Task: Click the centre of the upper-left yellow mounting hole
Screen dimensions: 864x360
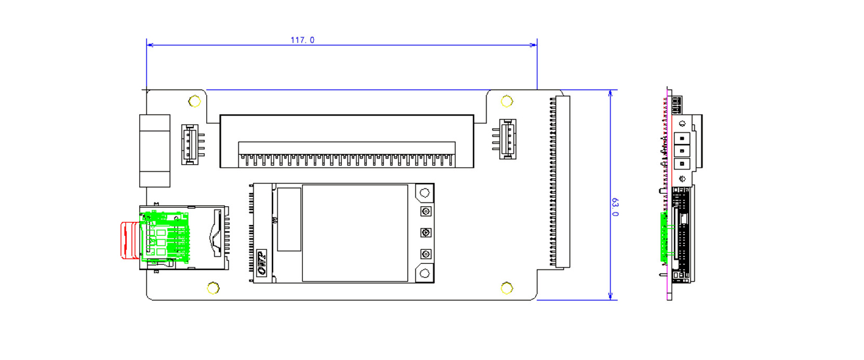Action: tap(194, 101)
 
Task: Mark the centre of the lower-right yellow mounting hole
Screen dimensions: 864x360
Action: tap(507, 288)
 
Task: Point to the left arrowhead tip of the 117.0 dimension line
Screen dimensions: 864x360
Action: tap(147, 45)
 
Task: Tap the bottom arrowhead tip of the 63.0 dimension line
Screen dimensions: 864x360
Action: tap(610, 300)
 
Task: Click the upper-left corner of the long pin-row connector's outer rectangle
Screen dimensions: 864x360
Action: tap(220, 115)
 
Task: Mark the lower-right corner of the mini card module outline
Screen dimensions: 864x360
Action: tap(434, 283)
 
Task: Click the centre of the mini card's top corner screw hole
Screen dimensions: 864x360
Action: tap(424, 193)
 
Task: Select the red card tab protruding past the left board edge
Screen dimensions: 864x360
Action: tap(130, 240)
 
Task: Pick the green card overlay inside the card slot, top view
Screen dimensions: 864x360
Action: tap(165, 236)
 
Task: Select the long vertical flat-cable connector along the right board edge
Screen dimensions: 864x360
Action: tap(560, 181)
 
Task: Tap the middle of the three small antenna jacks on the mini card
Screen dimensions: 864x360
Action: tap(426, 233)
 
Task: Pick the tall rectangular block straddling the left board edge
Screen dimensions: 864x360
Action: tap(154, 151)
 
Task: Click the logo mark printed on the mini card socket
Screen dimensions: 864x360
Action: tap(262, 263)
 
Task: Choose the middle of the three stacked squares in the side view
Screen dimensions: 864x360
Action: tap(682, 151)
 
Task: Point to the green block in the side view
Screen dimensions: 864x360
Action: tap(664, 237)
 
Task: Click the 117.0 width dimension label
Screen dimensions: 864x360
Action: tap(302, 40)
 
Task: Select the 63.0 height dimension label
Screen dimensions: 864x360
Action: tap(615, 207)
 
